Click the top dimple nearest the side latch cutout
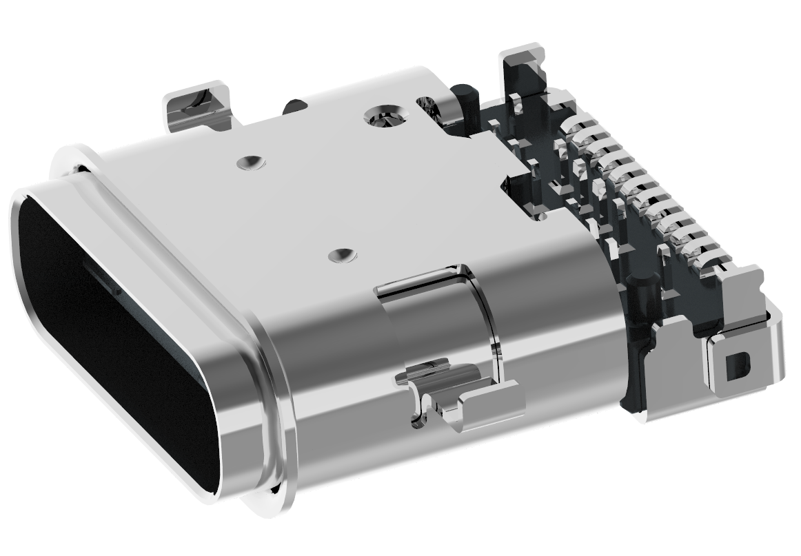point(341,256)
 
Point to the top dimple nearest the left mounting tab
point(249,163)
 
